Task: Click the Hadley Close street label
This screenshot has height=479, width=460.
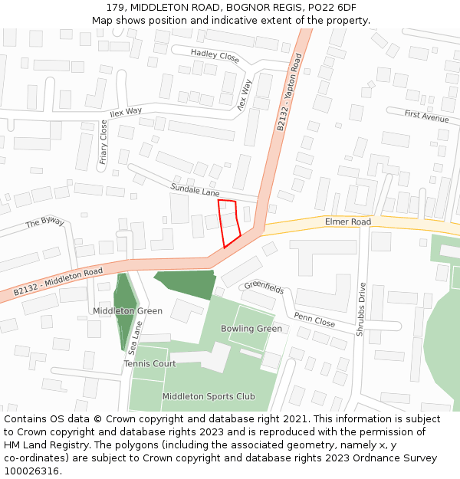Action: coord(215,54)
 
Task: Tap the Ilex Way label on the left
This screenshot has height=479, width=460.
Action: coord(126,111)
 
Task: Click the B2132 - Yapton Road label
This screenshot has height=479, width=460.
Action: coord(289,91)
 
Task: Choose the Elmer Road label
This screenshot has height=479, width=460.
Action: coord(347,221)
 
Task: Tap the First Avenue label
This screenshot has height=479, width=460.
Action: coord(426,116)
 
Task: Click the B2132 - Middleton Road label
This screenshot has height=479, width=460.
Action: coord(58,281)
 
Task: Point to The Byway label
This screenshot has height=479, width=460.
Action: coord(45,221)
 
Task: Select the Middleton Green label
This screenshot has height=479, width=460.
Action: coord(127,311)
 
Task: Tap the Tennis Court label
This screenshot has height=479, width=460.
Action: coord(149,363)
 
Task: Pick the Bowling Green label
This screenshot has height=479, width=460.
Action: coord(251,329)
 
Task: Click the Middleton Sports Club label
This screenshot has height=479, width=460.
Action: coord(209,396)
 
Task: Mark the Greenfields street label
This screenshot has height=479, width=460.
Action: coord(264,288)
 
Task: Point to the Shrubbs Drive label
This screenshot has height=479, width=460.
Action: coord(360,310)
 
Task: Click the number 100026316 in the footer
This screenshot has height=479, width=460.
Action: coord(31,471)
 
